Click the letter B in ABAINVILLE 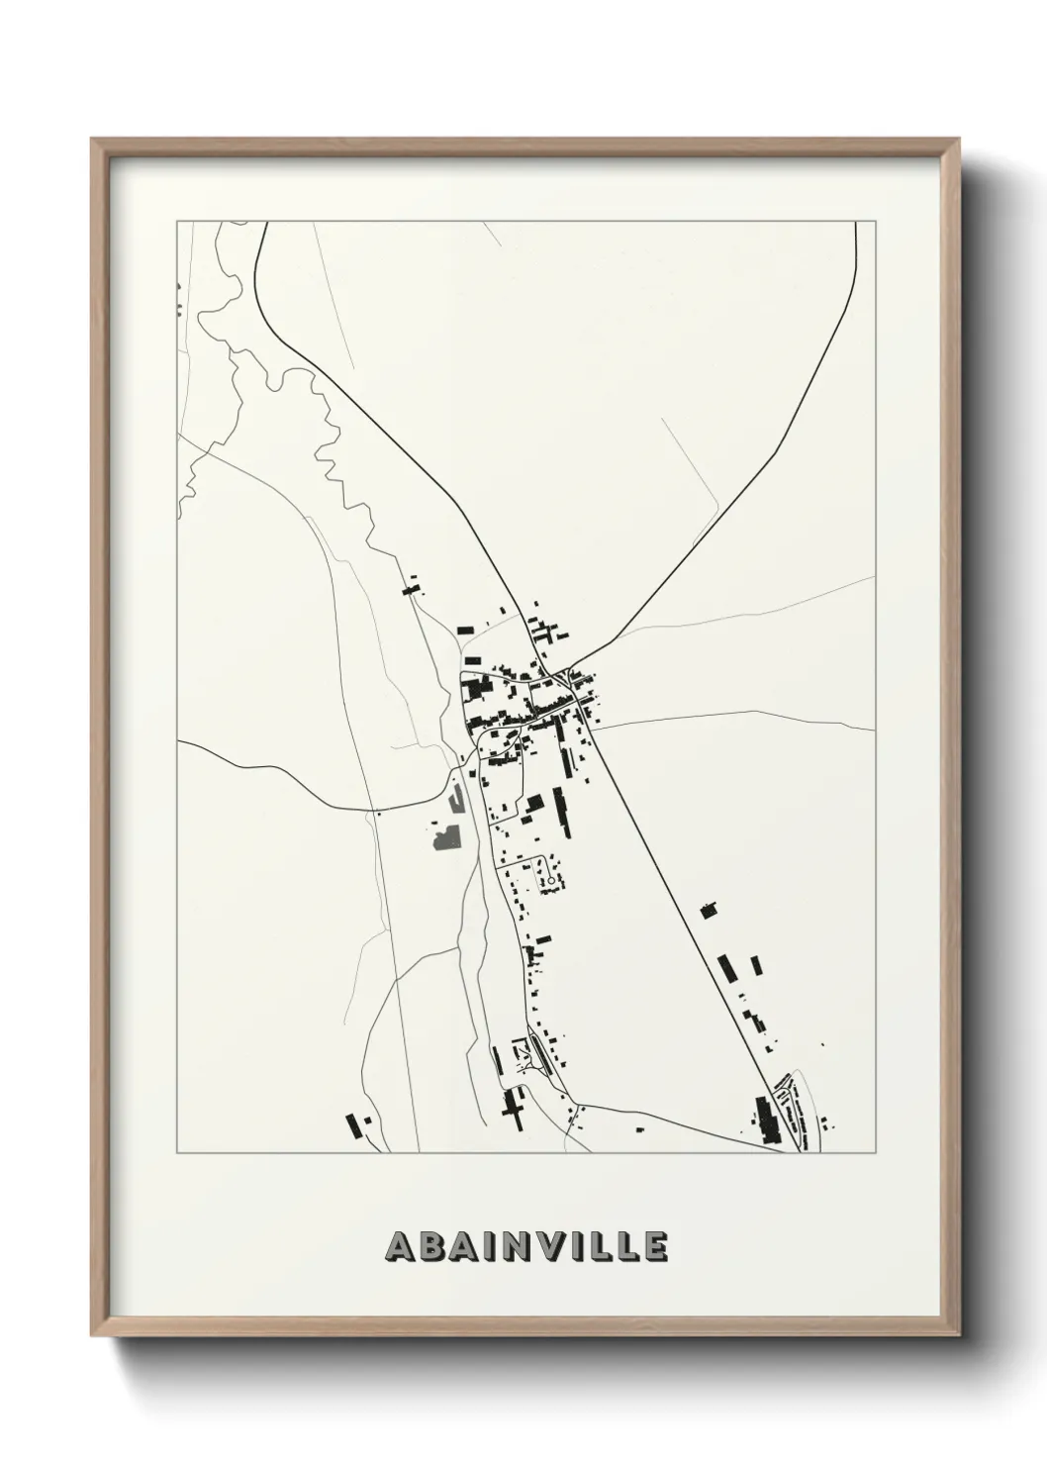click(435, 1247)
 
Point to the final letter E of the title click(655, 1247)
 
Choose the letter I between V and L click(586, 1247)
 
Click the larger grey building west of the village click(447, 837)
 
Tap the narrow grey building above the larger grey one click(456, 796)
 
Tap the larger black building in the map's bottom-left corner click(352, 1124)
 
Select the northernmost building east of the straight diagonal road click(708, 909)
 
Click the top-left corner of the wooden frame click(93, 140)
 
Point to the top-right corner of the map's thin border click(875, 222)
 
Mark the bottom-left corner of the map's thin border click(177, 1153)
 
